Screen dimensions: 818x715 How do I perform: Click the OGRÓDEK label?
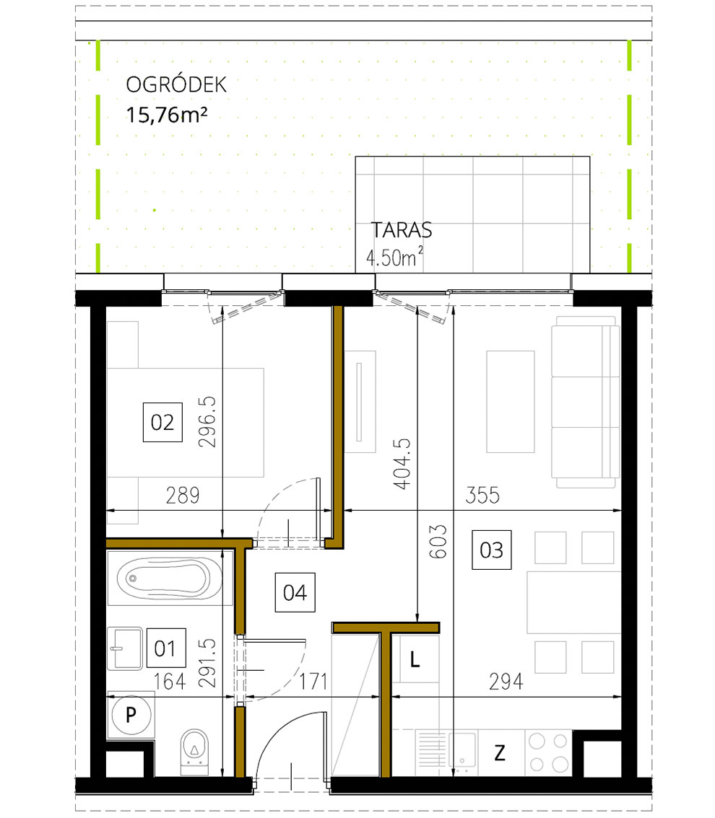pyautogui.click(x=176, y=85)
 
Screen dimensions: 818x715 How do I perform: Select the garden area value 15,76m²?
pyautogui.click(x=162, y=115)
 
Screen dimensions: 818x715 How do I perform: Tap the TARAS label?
pyautogui.click(x=401, y=230)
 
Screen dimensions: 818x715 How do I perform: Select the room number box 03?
pyautogui.click(x=491, y=550)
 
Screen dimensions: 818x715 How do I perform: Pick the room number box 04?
pyautogui.click(x=295, y=593)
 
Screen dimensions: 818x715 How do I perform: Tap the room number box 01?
pyautogui.click(x=165, y=648)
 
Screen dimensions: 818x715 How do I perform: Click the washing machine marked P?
pyautogui.click(x=131, y=715)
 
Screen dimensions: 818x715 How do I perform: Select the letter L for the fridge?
pyautogui.click(x=415, y=659)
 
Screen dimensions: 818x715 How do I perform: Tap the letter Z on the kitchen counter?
pyautogui.click(x=499, y=753)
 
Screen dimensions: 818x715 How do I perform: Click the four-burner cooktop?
pyautogui.click(x=548, y=752)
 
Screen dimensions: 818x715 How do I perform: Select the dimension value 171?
pyautogui.click(x=314, y=681)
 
